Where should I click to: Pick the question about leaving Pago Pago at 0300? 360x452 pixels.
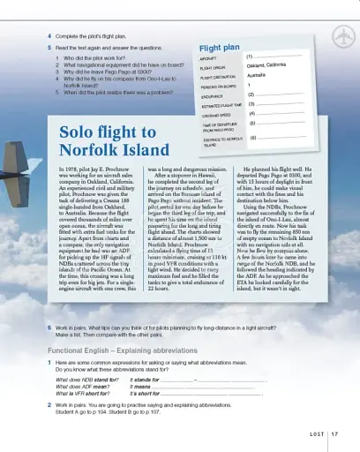click(107, 72)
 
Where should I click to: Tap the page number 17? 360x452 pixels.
click(336, 433)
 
